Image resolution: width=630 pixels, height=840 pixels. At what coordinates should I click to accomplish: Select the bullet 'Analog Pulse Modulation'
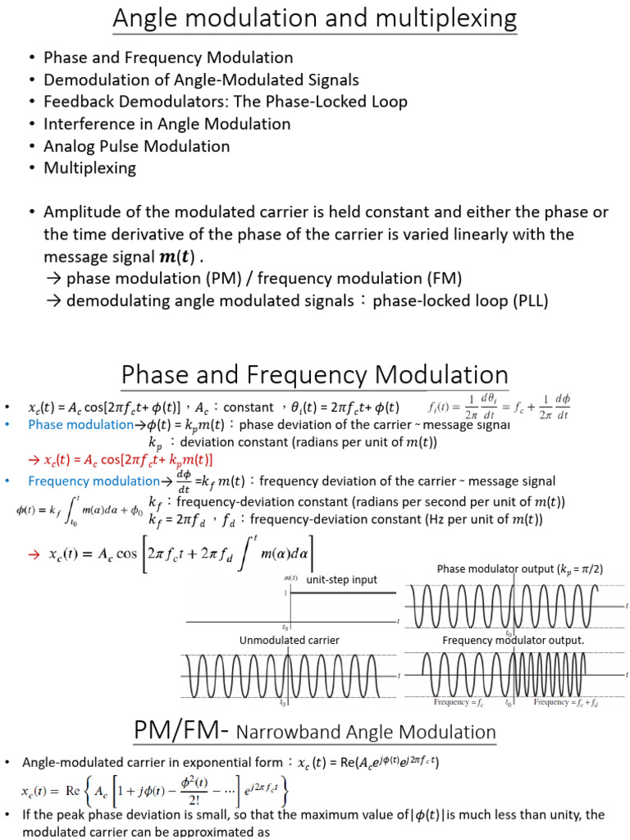pyautogui.click(x=136, y=146)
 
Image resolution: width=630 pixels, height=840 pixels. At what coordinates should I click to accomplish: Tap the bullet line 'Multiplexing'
pyautogui.click(x=89, y=168)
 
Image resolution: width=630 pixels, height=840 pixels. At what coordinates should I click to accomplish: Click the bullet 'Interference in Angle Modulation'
pyautogui.click(x=167, y=124)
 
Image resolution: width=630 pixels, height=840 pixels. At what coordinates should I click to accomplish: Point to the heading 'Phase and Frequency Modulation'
pyautogui.click(x=315, y=376)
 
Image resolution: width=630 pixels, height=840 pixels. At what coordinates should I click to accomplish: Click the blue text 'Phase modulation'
pyautogui.click(x=80, y=425)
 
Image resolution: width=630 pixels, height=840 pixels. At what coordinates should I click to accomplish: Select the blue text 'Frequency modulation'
pyautogui.click(x=94, y=481)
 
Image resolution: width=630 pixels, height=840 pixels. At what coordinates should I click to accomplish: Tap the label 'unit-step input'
pyautogui.click(x=341, y=580)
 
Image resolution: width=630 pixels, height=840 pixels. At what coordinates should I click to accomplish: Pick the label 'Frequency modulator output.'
pyautogui.click(x=514, y=640)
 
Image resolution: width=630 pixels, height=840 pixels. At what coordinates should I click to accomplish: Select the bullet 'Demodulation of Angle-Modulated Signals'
pyautogui.click(x=201, y=80)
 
